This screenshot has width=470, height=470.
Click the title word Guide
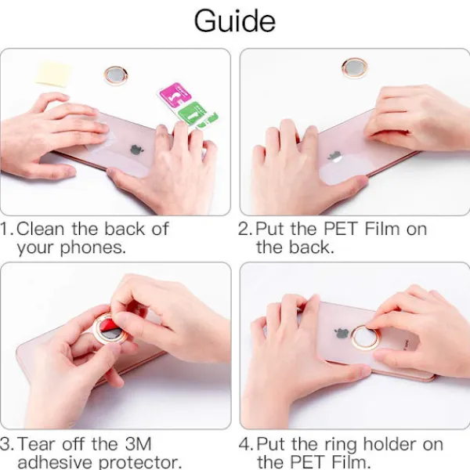[x=235, y=21]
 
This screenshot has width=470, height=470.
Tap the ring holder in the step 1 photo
[x=116, y=75]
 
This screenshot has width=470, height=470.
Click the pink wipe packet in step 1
[x=175, y=92]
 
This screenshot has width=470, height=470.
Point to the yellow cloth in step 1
[x=54, y=74]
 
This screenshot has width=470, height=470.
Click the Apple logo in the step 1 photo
[x=136, y=150]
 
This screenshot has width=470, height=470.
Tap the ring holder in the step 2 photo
[x=355, y=68]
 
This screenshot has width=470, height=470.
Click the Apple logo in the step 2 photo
[x=334, y=156]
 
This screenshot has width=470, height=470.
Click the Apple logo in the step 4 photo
[x=342, y=334]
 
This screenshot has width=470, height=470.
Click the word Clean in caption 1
[x=40, y=229]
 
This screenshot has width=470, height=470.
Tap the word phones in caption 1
[x=93, y=248]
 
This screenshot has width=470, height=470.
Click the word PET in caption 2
[x=341, y=229]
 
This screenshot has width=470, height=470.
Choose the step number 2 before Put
[x=244, y=229]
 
